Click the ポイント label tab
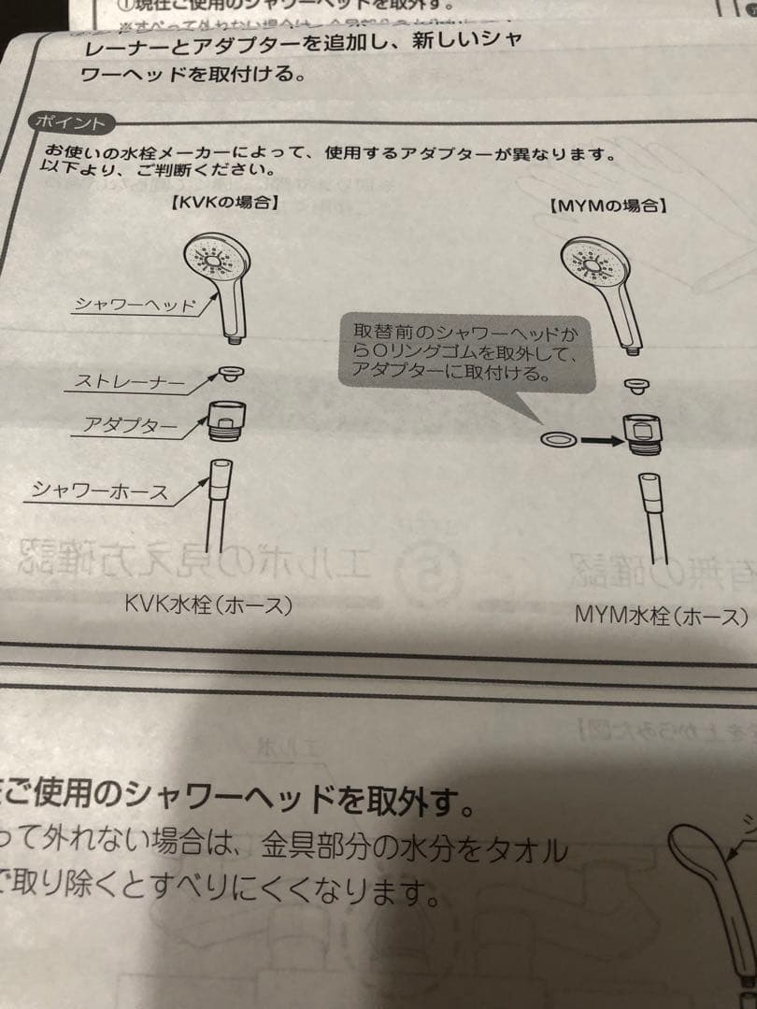click(x=69, y=122)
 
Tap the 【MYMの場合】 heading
click(x=608, y=202)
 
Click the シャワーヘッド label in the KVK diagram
click(x=136, y=305)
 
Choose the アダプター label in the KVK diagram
click(x=129, y=426)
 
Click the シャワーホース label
click(x=101, y=490)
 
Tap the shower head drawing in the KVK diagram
click(x=220, y=280)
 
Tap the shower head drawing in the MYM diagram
click(x=603, y=289)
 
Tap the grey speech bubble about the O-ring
click(x=464, y=352)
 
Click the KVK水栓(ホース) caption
click(x=208, y=604)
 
